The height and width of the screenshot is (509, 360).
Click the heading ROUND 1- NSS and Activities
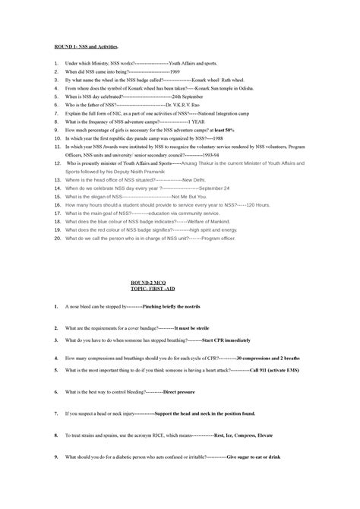coord(88,46)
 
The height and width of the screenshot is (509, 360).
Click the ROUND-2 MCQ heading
coord(180,282)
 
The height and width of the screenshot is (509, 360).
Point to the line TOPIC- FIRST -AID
coord(180,290)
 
